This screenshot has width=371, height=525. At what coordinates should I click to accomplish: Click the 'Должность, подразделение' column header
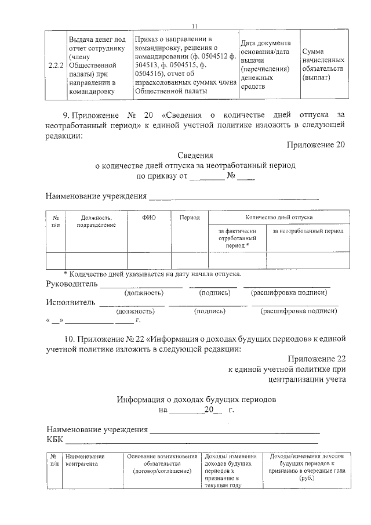point(96,220)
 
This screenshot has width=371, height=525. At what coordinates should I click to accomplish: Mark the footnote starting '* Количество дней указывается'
point(152,274)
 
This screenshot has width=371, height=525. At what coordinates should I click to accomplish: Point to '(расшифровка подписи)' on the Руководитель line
point(287,293)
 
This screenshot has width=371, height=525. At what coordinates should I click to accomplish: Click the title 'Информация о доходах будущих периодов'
point(196,400)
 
